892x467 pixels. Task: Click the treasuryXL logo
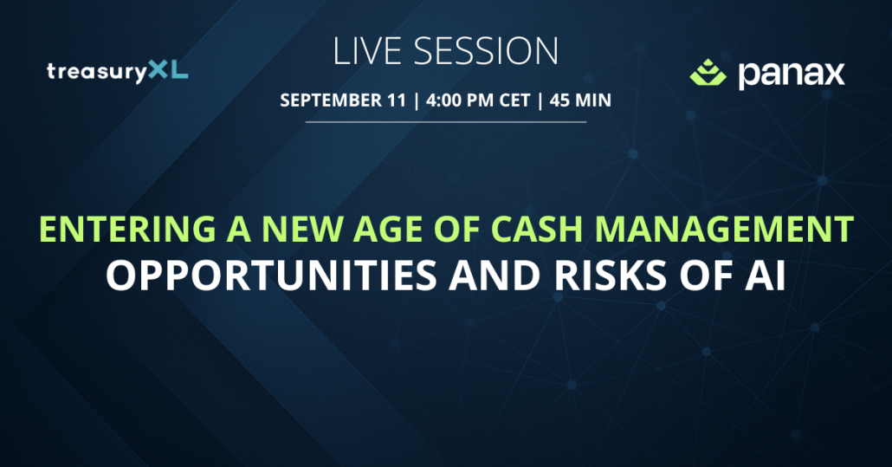pos(117,72)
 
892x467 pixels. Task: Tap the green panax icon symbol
pos(708,72)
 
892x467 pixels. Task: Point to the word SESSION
pos(486,51)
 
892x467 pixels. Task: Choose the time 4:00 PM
pos(460,101)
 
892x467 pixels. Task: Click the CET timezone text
pos(514,101)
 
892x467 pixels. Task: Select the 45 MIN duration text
pos(580,101)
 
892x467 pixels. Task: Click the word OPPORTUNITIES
pos(271,276)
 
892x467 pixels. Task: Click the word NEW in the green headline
pos(302,230)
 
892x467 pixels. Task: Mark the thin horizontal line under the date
pos(445,121)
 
